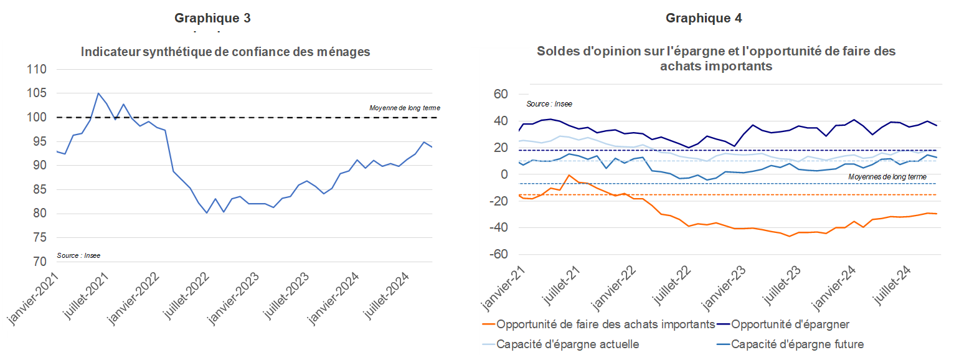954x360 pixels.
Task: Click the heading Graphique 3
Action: [212, 18]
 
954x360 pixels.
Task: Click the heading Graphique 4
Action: [704, 18]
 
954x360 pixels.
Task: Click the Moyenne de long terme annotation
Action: [404, 108]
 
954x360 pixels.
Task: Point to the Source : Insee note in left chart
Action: [78, 255]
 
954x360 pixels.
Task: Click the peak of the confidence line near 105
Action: [98, 93]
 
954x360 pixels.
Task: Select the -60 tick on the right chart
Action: [498, 255]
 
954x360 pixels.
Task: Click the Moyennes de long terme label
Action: [887, 177]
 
